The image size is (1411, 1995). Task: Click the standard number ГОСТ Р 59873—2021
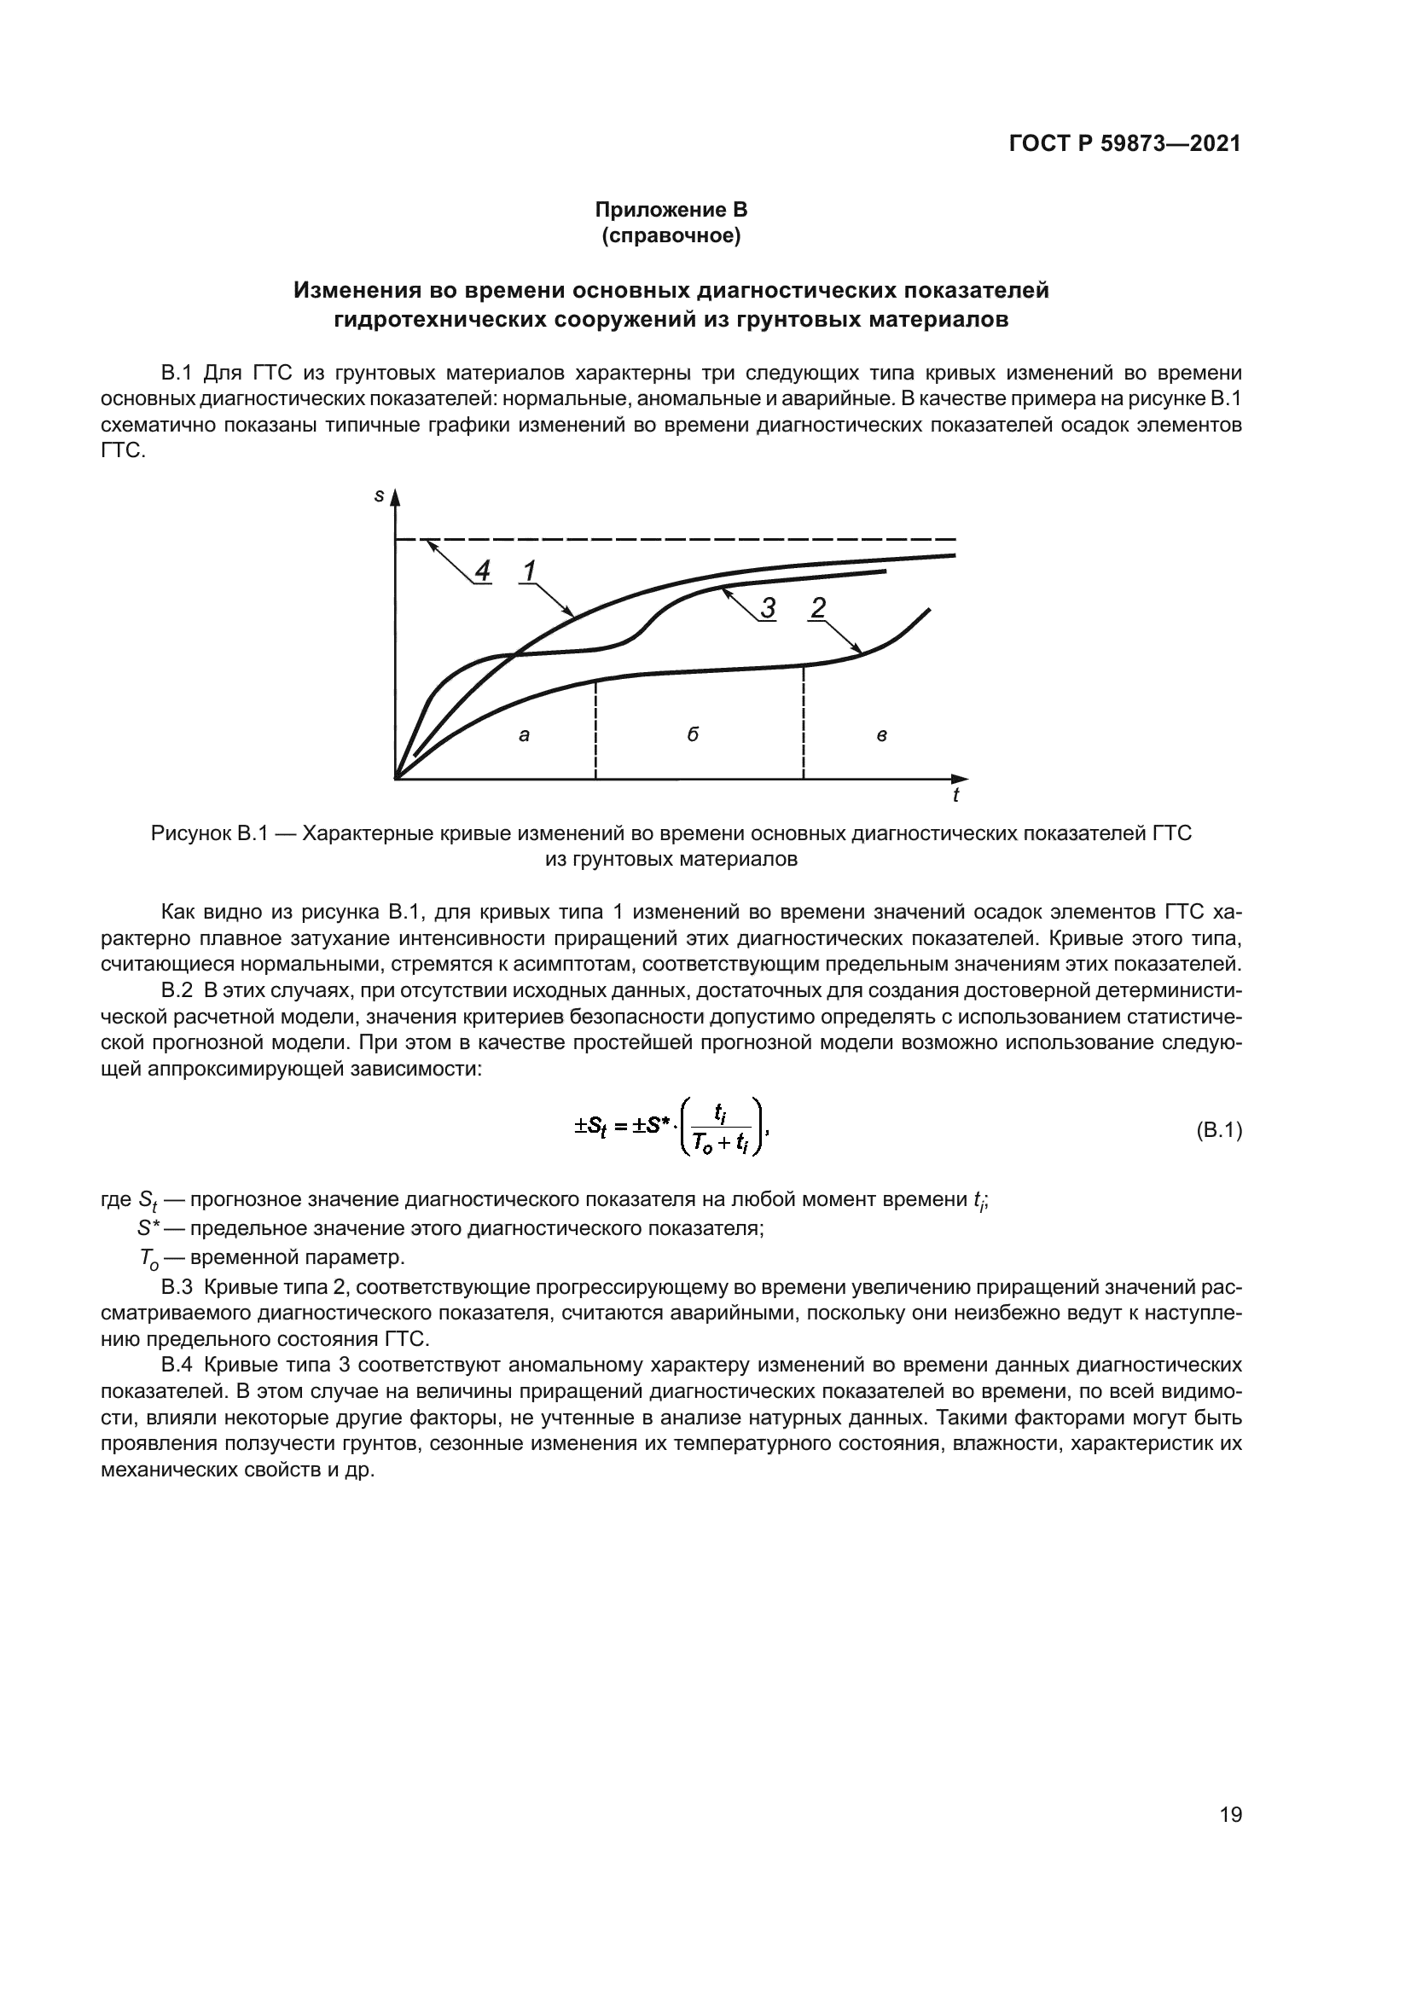1124,144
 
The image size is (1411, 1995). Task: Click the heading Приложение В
671,210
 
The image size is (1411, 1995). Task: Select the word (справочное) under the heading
671,235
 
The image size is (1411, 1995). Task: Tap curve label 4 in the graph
482,571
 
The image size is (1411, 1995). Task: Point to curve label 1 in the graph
528,571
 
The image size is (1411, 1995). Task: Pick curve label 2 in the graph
816,607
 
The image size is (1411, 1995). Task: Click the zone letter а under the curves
524,735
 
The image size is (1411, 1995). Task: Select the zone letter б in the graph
693,734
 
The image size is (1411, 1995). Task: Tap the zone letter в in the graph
881,736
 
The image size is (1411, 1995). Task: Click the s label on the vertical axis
379,496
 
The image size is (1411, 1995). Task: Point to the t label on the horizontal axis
955,795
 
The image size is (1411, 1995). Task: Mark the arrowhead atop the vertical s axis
395,497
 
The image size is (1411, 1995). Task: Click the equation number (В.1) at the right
1219,1130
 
